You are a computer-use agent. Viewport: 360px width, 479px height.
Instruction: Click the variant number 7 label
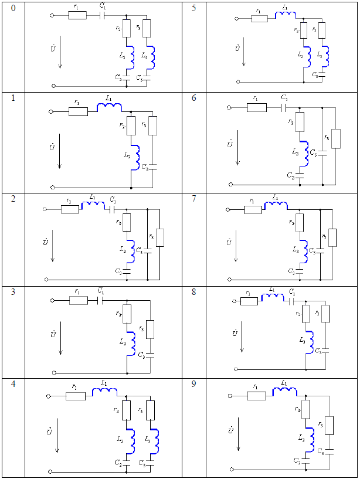tap(194, 199)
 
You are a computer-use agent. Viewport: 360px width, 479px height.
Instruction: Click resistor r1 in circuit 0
tap(77, 15)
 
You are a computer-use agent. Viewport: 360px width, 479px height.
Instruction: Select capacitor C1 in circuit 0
tap(104, 15)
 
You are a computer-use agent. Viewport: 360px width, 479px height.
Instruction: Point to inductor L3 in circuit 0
tap(152, 57)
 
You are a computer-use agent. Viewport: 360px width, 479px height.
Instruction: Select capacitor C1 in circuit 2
tap(113, 209)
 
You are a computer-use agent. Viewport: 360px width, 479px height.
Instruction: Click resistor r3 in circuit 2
tap(160, 237)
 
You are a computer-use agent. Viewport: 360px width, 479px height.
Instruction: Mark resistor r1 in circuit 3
tap(78, 301)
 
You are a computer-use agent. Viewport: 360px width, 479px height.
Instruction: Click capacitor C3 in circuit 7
tap(321, 250)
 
